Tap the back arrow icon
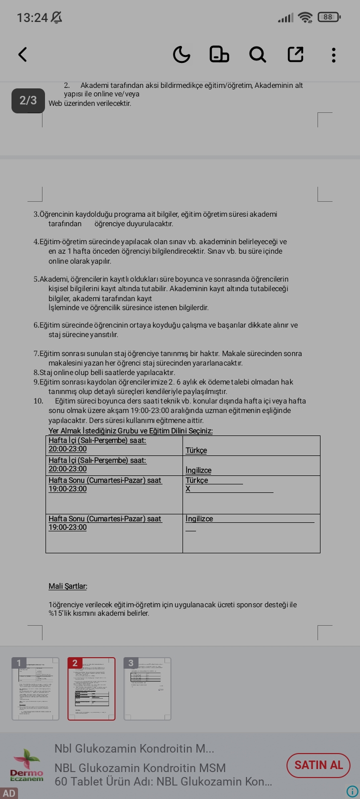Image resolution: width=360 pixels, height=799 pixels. tap(22, 54)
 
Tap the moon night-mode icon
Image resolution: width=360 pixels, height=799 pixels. tap(181, 54)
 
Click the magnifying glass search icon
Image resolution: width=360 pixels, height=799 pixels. tap(257, 54)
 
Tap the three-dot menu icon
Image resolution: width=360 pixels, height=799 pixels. tap(333, 54)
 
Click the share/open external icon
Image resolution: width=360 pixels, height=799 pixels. tap(295, 54)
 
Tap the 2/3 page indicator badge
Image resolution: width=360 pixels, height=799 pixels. tap(28, 100)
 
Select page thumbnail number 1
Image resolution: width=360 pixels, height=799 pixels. tap(35, 689)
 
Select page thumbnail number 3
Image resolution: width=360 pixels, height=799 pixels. tap(147, 689)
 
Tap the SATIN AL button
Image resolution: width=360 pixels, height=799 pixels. tap(318, 765)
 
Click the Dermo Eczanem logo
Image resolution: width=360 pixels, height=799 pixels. tap(27, 765)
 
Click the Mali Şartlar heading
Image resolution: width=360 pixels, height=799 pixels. tap(68, 586)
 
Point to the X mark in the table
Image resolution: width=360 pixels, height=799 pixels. tap(188, 489)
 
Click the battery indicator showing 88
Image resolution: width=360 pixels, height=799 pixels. tap(328, 17)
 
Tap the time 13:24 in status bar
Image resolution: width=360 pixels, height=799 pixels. tap(32, 18)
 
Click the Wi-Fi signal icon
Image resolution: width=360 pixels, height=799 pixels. tap(304, 17)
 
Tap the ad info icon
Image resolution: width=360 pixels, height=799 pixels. tap(352, 792)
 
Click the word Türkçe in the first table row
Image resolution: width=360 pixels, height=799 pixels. tap(196, 450)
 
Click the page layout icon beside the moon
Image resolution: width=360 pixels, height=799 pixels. tap(219, 54)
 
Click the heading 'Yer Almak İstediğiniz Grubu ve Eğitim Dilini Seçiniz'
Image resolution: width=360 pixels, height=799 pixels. tap(130, 431)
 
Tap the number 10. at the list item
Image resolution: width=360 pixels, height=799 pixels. tap(38, 401)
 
